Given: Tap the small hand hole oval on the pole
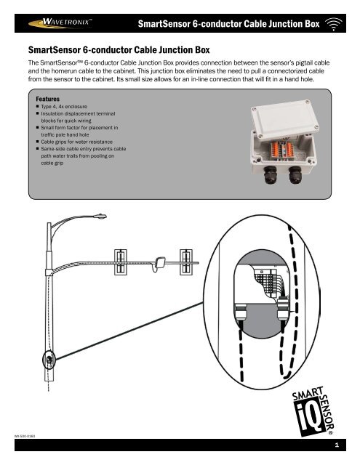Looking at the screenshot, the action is point(49,358).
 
